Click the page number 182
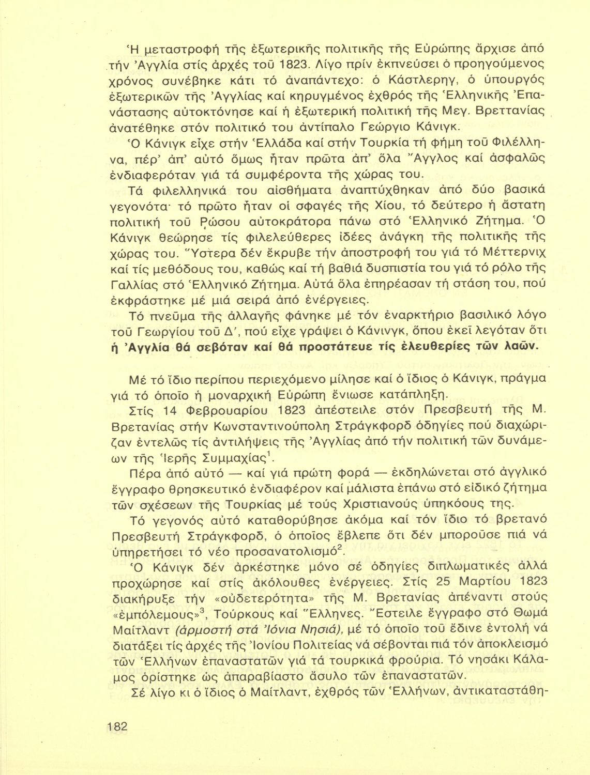(x=117, y=725)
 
